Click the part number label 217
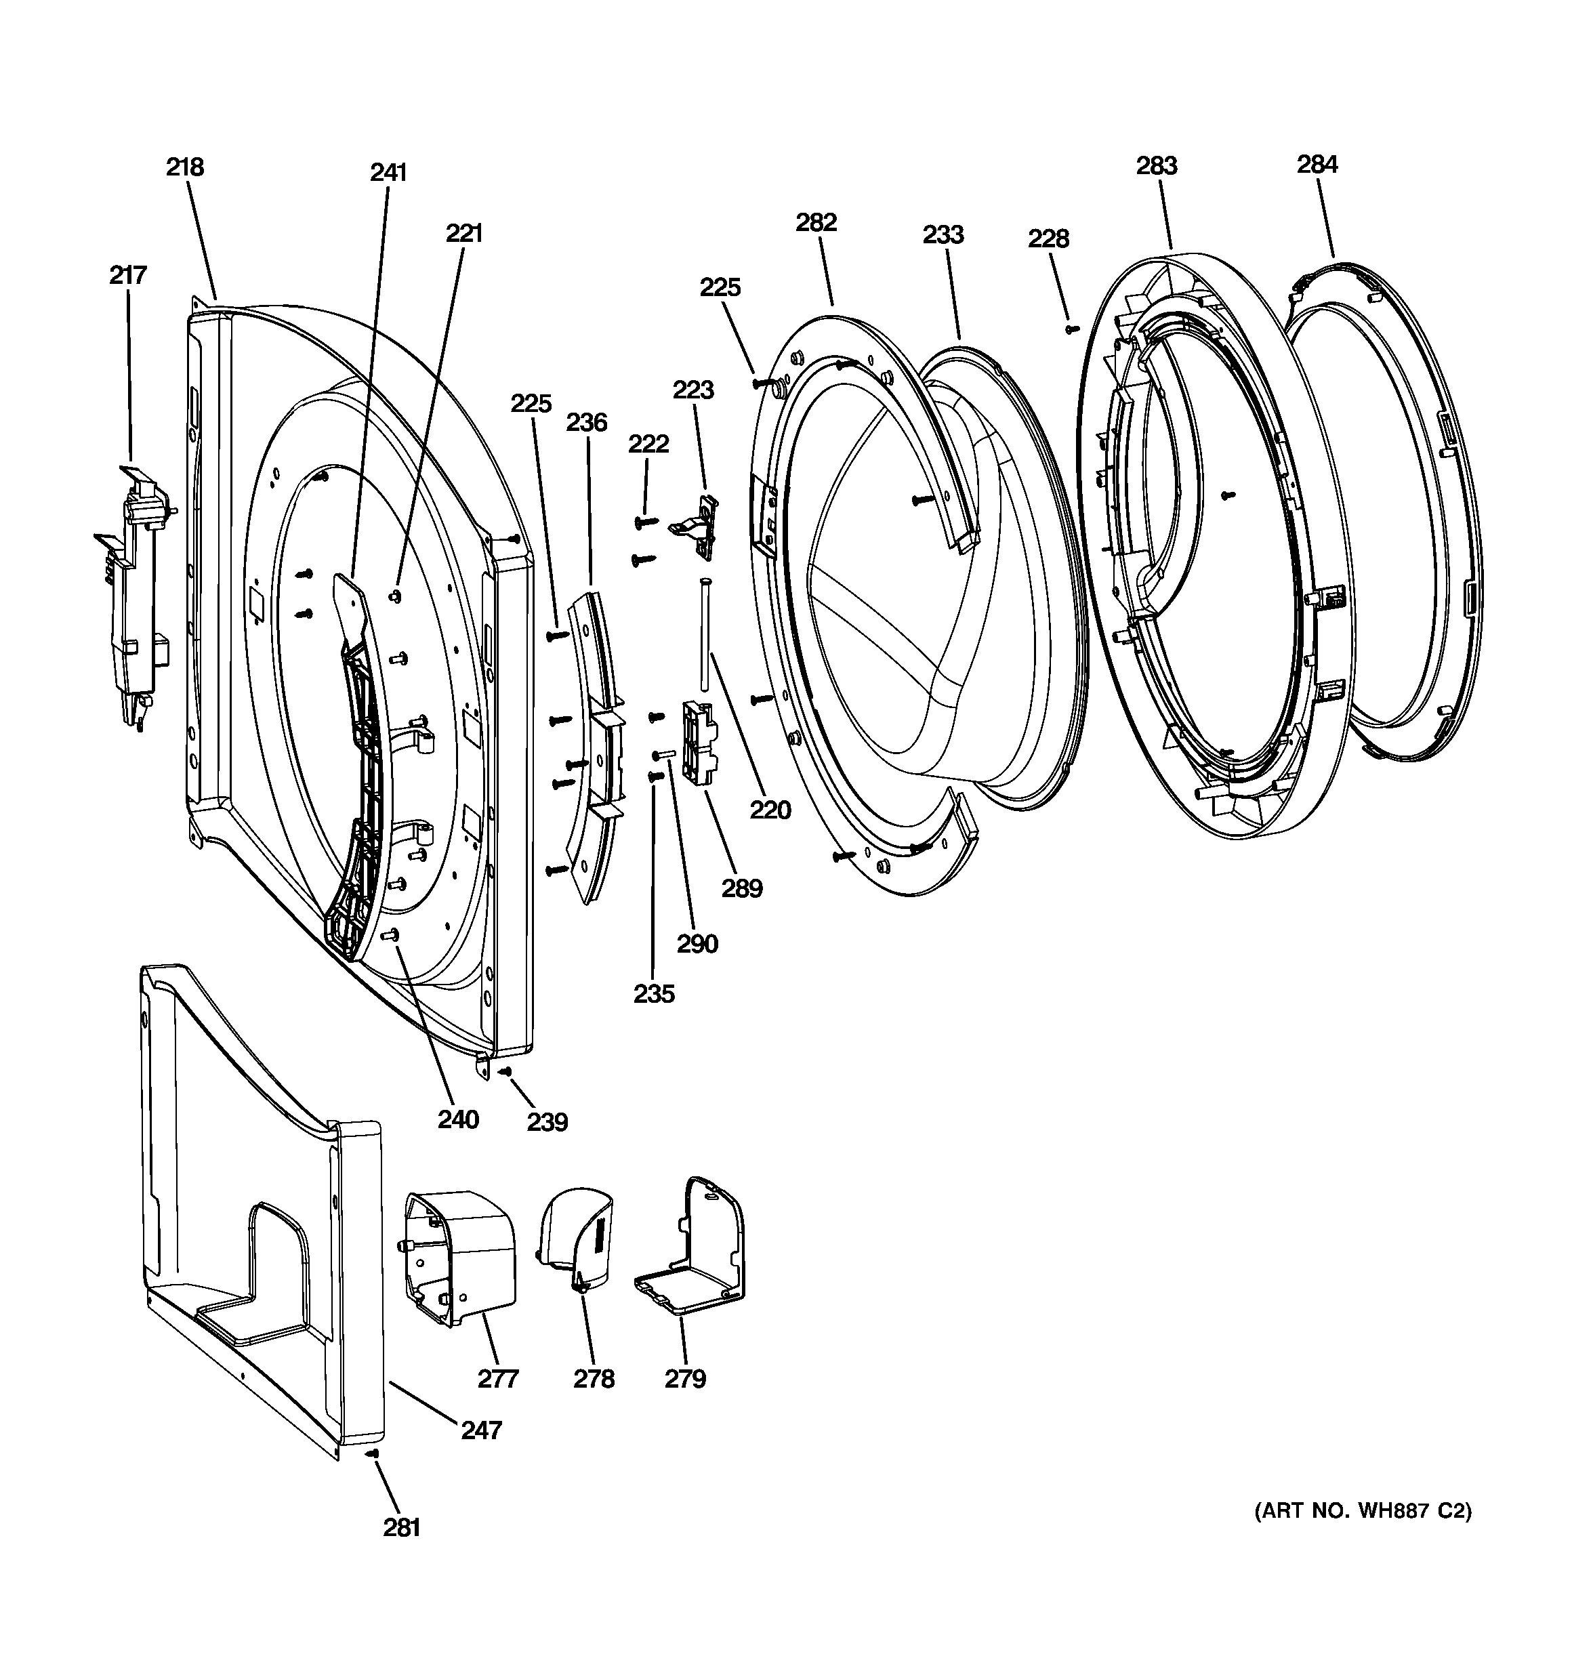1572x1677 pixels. (x=127, y=275)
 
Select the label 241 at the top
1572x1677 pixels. (x=388, y=172)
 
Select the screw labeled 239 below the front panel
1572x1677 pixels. (x=505, y=1071)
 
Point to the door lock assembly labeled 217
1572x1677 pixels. (x=135, y=590)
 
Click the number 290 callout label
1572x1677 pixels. (x=697, y=943)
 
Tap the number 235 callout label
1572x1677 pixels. (x=654, y=994)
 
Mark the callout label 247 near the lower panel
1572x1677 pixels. (x=481, y=1430)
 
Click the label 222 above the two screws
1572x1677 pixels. (x=648, y=444)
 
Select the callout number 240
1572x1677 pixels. (x=458, y=1119)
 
